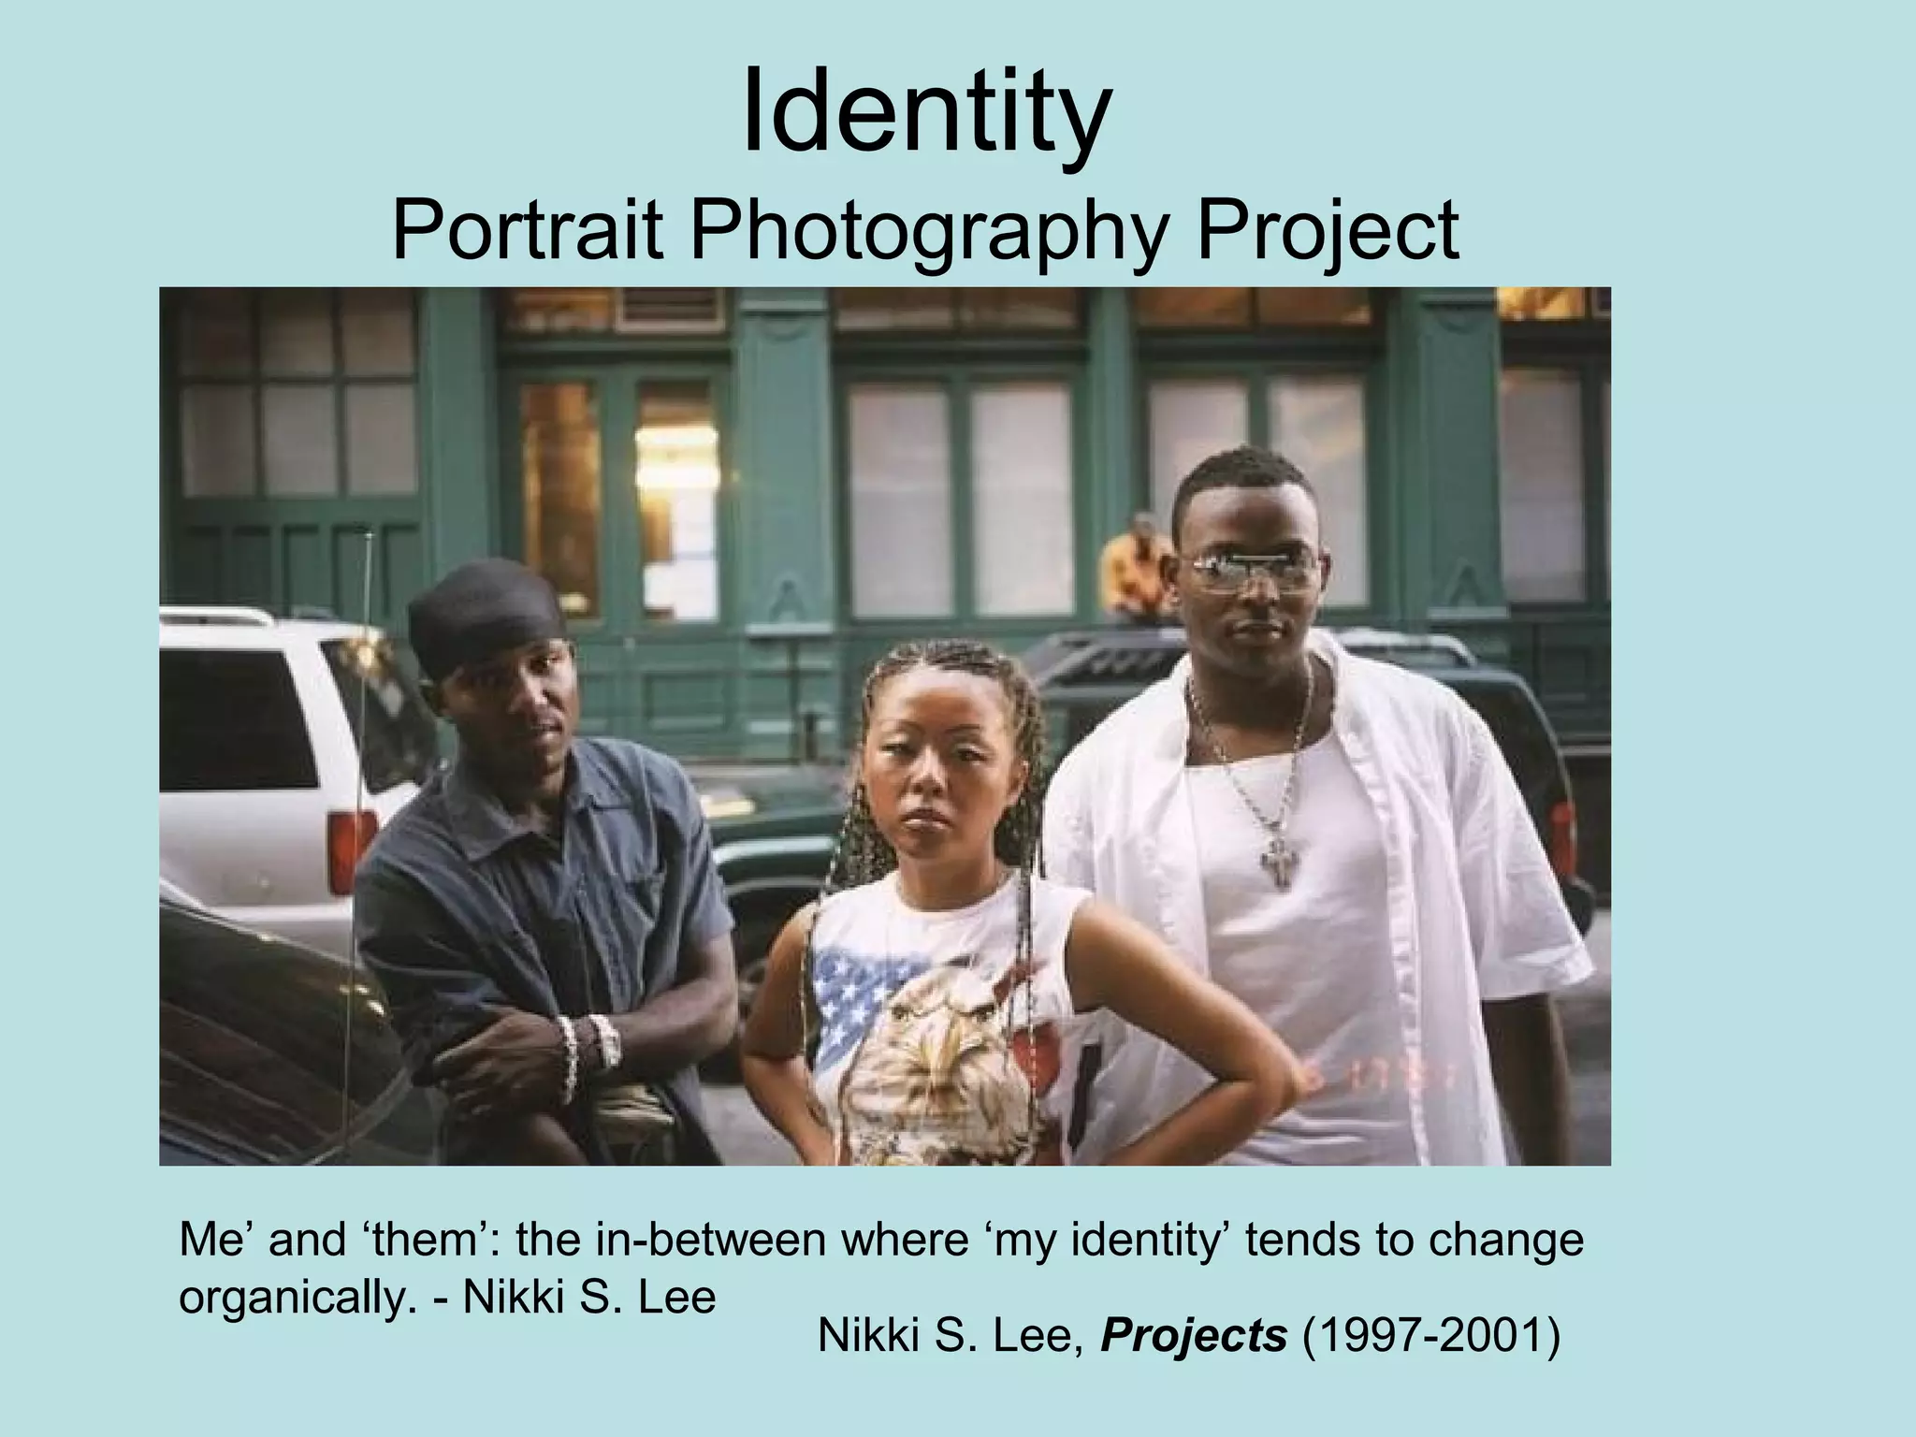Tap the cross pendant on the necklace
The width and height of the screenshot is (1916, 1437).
[x=1276, y=863]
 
